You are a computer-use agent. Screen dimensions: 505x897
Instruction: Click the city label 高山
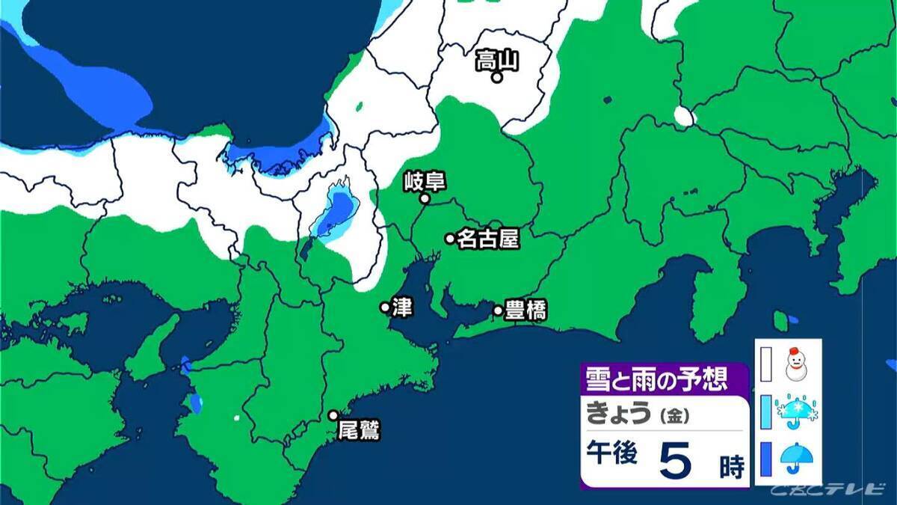pos(497,60)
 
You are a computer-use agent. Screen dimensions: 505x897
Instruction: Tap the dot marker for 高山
pos(496,76)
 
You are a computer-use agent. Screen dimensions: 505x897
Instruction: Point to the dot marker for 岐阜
pos(425,199)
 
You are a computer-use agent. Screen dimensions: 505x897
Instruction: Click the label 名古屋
pos(487,239)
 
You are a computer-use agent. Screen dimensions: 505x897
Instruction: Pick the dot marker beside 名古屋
pos(450,239)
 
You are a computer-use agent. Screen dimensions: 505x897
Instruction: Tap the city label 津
pos(402,307)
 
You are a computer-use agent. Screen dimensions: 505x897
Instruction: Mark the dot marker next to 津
pos(385,307)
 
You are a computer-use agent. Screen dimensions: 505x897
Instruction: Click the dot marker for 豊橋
pos(498,310)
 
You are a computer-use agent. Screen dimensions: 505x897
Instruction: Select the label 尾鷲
pos(359,431)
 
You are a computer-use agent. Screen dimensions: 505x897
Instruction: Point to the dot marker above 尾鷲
pos(333,415)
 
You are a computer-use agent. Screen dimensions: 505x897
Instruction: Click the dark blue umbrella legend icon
pos(798,459)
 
